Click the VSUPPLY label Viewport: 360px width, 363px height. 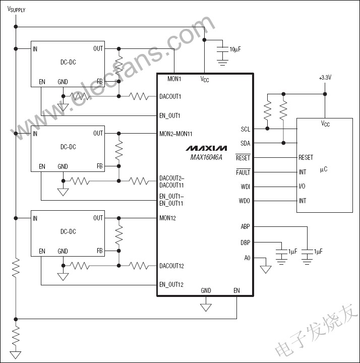(x=16, y=10)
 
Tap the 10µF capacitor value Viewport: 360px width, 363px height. (x=235, y=49)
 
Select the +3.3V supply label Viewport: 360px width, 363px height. (x=325, y=78)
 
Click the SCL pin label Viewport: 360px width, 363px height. (x=245, y=129)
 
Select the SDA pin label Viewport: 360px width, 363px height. (x=245, y=143)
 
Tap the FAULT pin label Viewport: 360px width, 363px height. (x=243, y=172)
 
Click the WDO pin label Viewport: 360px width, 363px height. (x=244, y=201)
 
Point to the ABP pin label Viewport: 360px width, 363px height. (x=245, y=227)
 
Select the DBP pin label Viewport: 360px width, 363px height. (x=245, y=243)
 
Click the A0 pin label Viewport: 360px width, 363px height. (x=247, y=258)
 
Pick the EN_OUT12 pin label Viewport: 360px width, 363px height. (x=171, y=285)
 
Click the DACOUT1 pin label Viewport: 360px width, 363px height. (x=170, y=96)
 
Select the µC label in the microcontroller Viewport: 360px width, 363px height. (x=323, y=169)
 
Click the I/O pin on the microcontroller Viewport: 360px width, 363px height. (x=302, y=187)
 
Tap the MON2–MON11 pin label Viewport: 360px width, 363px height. (x=175, y=134)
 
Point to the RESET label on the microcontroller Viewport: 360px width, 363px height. (x=306, y=158)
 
